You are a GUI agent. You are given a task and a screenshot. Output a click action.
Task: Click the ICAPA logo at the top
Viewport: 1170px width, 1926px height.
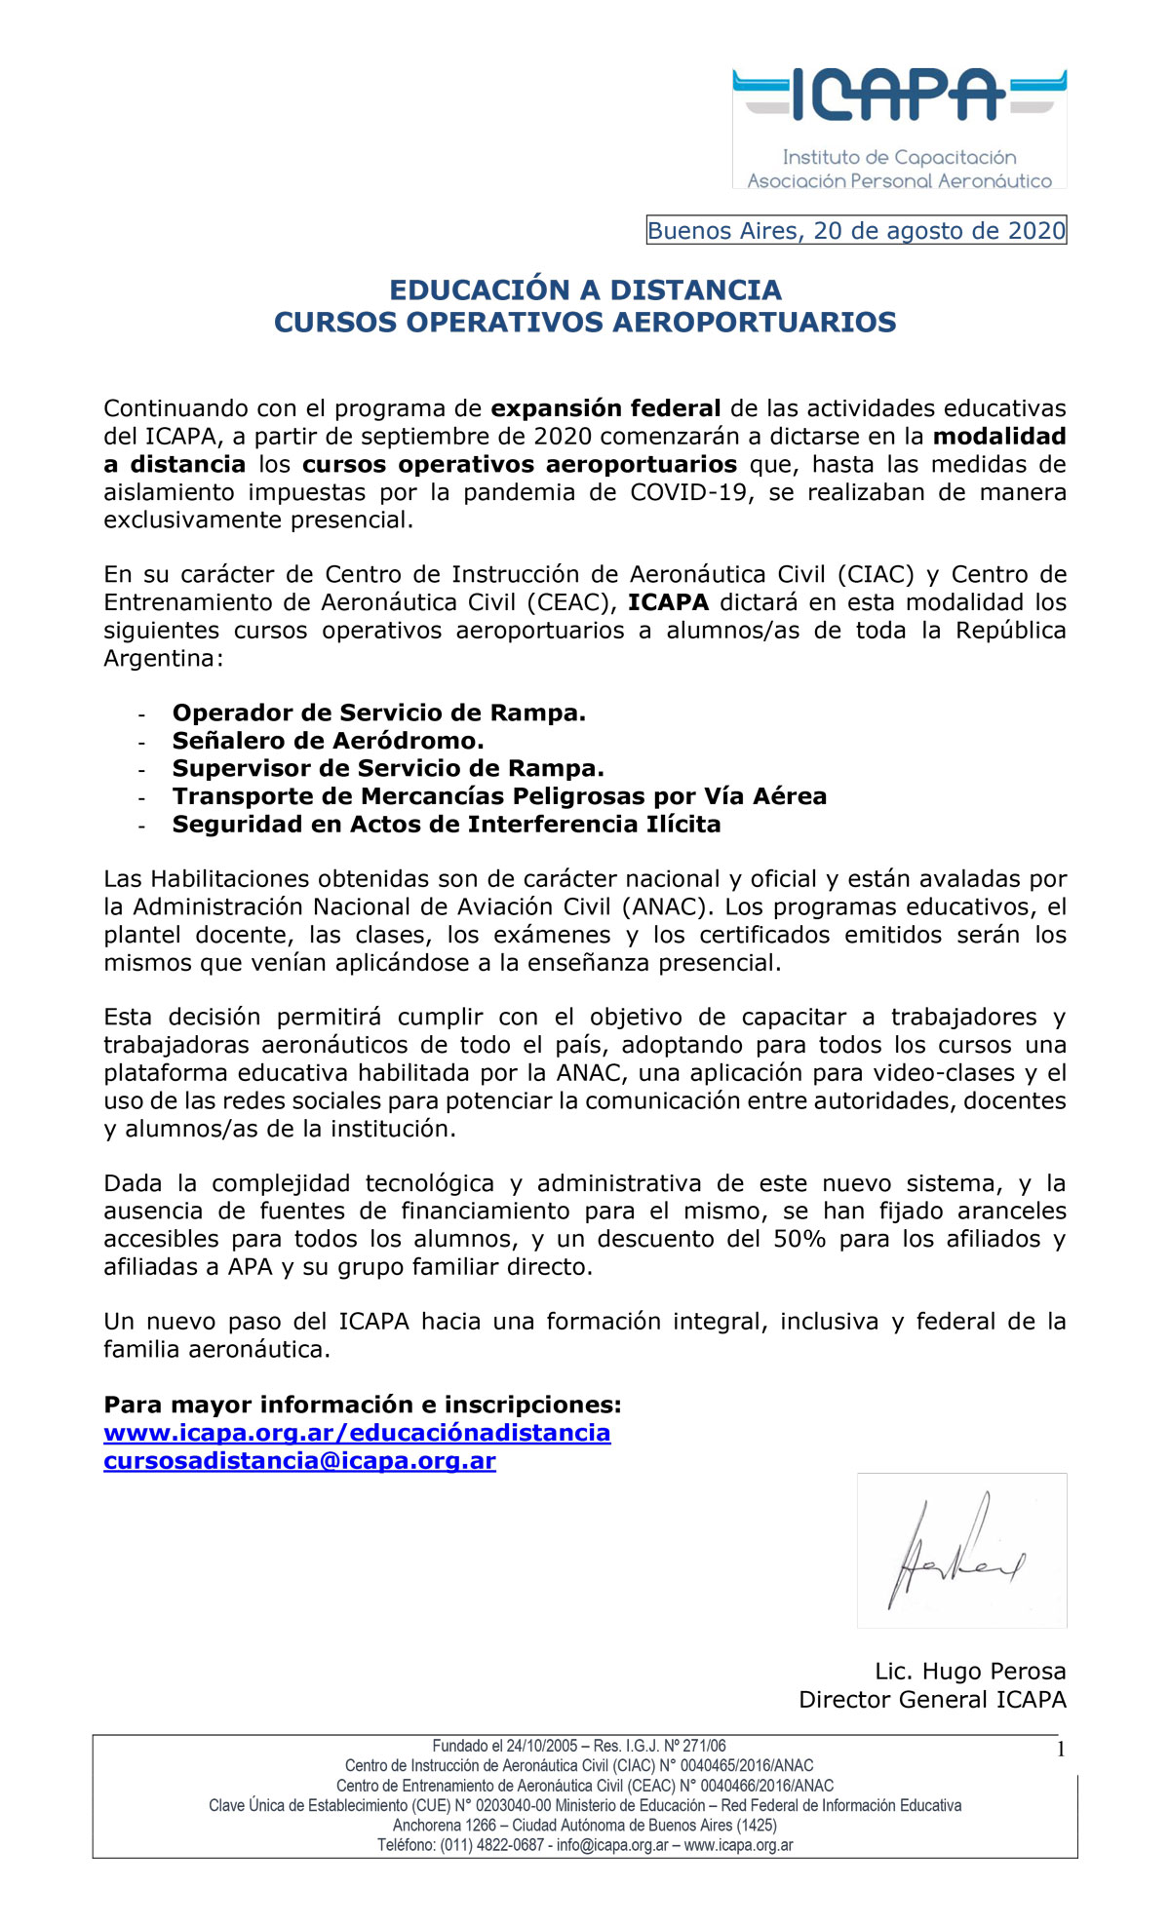tap(899, 127)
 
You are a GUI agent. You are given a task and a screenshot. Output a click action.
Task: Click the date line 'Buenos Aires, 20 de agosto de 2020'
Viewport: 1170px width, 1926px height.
tap(856, 231)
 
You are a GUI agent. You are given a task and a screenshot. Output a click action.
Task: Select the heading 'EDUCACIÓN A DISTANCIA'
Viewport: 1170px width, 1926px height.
tap(585, 289)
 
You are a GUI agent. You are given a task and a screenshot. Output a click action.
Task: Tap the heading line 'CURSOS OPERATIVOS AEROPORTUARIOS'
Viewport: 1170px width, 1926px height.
tap(585, 323)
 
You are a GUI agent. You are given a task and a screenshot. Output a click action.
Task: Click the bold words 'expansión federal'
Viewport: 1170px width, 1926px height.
tap(605, 408)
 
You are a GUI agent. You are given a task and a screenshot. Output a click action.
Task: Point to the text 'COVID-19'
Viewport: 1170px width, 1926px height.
tap(691, 492)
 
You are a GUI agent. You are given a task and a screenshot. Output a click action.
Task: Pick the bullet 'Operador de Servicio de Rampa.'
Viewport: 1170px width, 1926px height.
tap(378, 713)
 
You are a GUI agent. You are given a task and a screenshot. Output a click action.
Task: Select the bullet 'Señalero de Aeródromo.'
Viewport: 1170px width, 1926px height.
tap(328, 741)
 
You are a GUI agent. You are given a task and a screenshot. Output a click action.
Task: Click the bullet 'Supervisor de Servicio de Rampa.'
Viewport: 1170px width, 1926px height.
tap(388, 769)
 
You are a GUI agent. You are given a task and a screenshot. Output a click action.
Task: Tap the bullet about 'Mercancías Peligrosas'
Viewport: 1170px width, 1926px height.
tap(499, 796)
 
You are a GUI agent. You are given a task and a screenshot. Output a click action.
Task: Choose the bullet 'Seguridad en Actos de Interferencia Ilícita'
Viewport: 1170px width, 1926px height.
tap(447, 825)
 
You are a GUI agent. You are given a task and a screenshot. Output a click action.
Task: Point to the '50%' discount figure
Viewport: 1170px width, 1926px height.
tap(799, 1240)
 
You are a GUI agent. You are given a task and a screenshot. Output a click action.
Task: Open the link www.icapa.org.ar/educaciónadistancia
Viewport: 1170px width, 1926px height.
tap(357, 1433)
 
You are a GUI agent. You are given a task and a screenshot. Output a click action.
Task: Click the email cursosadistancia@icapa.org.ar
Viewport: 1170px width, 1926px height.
tap(299, 1461)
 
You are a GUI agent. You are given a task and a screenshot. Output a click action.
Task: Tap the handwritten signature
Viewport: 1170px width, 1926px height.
tap(955, 1550)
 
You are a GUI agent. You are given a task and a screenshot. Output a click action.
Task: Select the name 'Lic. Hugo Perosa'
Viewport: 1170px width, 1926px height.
tap(970, 1672)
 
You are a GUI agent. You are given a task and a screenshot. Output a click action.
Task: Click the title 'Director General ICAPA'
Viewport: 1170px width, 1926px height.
tap(932, 1700)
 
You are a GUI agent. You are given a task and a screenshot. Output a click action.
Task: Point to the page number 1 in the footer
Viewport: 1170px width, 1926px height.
tap(1061, 1750)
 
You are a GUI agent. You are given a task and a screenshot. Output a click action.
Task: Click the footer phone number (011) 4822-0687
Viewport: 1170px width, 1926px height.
tap(491, 1845)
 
